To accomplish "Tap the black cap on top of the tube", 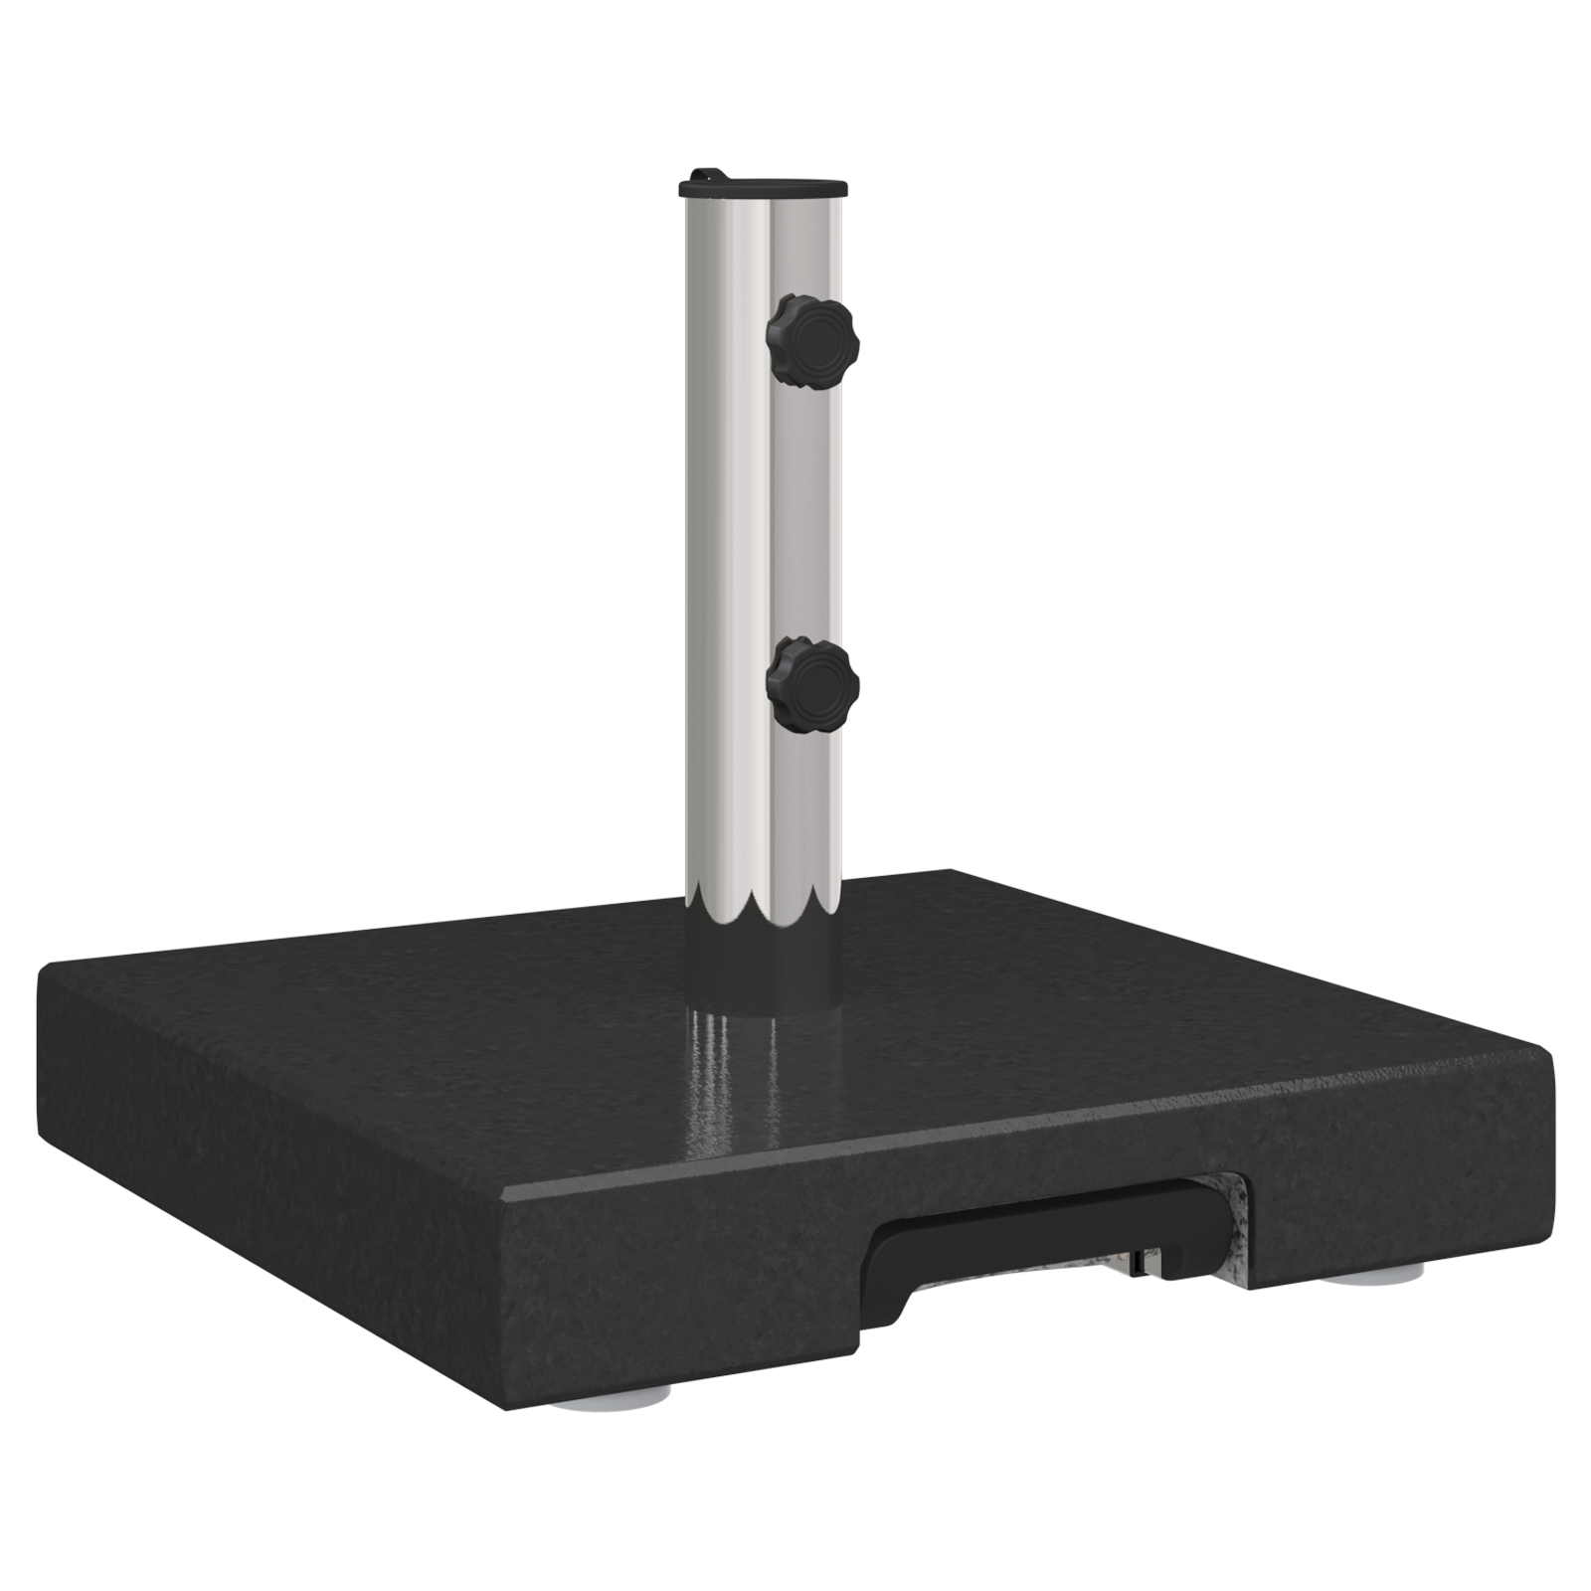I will click(x=763, y=186).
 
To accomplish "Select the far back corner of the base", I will click(x=950, y=872).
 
